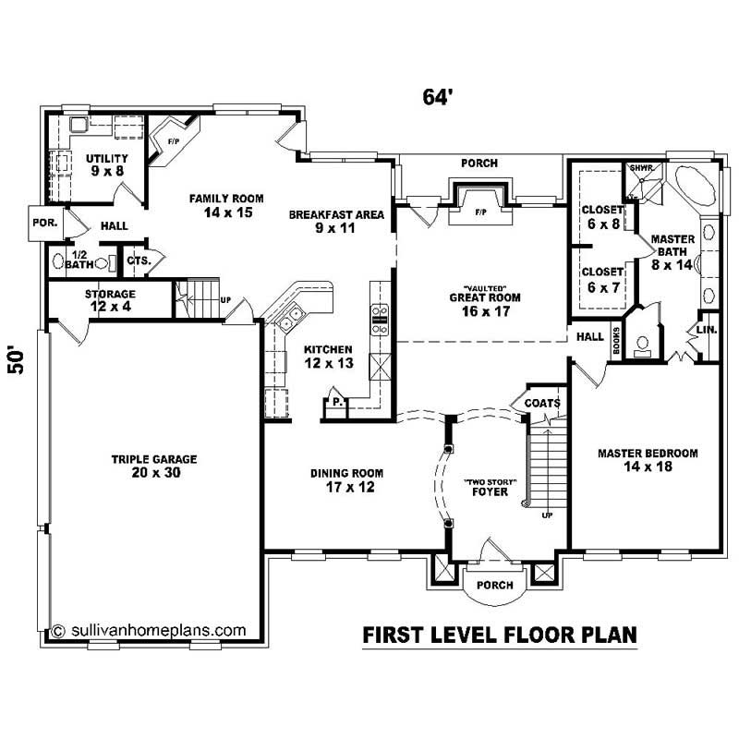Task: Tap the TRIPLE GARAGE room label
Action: (x=154, y=466)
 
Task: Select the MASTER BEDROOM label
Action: (x=647, y=460)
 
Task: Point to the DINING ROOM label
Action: (x=346, y=480)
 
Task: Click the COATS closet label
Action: (x=541, y=403)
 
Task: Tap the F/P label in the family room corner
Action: (x=173, y=141)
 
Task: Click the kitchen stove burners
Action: (x=379, y=319)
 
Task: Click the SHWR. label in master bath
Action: (x=640, y=168)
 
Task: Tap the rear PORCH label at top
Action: (x=479, y=164)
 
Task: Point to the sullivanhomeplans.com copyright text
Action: (x=149, y=631)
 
